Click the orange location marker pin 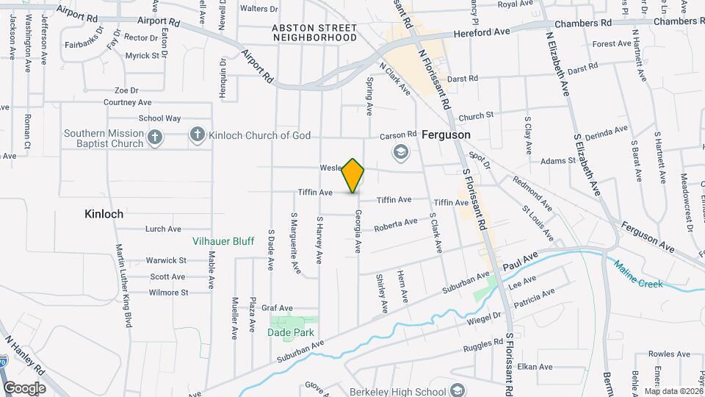pyautogui.click(x=353, y=175)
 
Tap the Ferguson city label pyautogui.click(x=446, y=135)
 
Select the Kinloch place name pyautogui.click(x=103, y=214)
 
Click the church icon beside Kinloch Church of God pyautogui.click(x=197, y=135)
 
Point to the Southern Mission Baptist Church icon pyautogui.click(x=155, y=137)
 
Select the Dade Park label pyautogui.click(x=294, y=332)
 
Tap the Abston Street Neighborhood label pyautogui.click(x=314, y=32)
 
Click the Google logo pyautogui.click(x=24, y=387)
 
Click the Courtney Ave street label pyautogui.click(x=127, y=103)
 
